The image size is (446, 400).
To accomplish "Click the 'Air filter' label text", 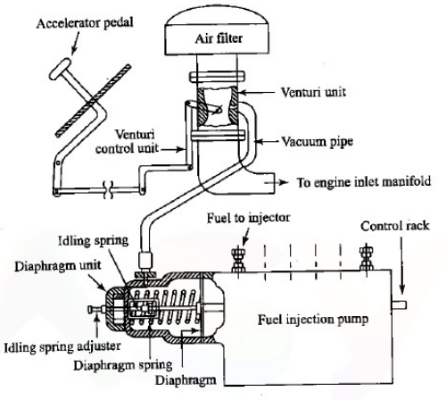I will (219, 39).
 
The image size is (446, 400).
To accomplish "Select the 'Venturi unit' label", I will (315, 90).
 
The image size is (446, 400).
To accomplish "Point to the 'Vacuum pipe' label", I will (314, 141).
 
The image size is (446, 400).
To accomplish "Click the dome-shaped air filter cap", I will (219, 27).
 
